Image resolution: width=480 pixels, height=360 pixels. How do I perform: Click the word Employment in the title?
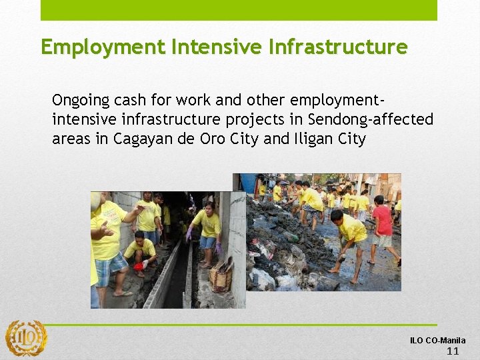click(x=103, y=47)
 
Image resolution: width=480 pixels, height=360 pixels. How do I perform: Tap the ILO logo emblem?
click(x=26, y=339)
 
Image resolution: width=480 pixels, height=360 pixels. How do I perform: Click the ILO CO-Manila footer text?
click(x=438, y=341)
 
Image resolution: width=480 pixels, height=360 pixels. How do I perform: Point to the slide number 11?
click(x=453, y=351)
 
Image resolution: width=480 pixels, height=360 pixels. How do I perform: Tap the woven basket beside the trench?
click(x=221, y=273)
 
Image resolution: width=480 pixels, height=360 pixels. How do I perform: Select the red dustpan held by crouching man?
click(x=139, y=267)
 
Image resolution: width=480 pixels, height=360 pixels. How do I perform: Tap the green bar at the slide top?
click(x=239, y=10)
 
